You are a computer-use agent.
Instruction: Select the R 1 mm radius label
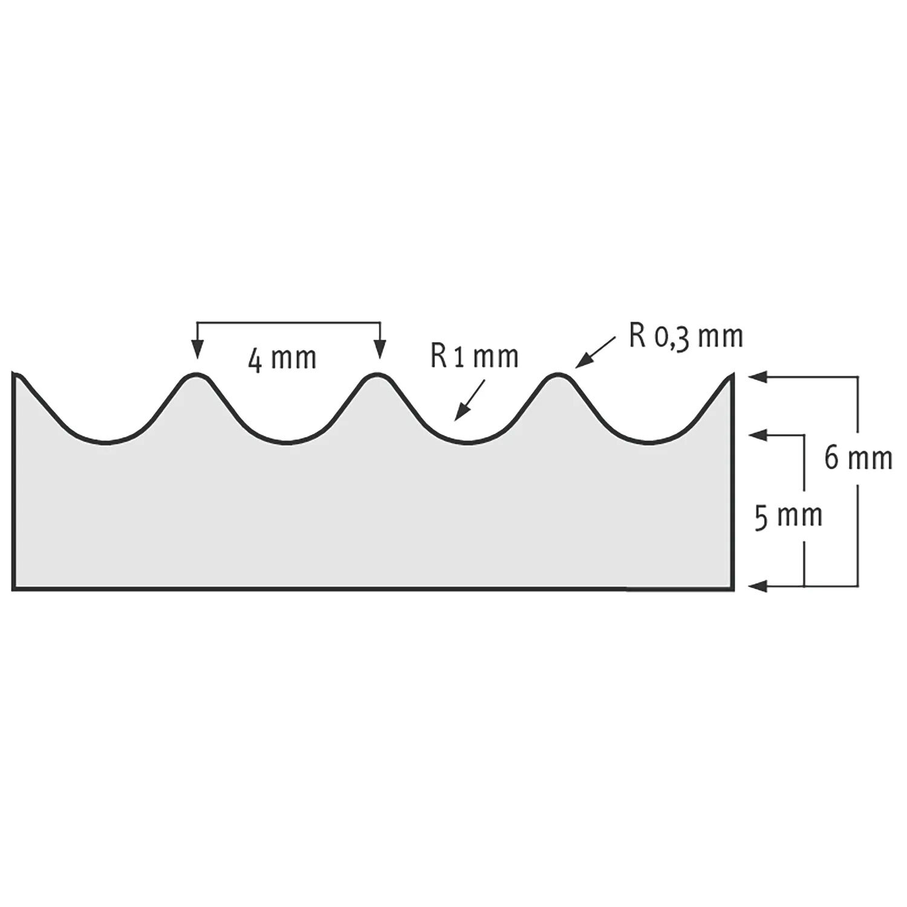(475, 357)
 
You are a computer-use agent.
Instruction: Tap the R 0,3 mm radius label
(686, 337)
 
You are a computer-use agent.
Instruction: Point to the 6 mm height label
(858, 460)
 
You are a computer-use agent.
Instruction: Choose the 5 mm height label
(788, 517)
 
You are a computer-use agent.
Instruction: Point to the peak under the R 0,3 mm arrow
(558, 375)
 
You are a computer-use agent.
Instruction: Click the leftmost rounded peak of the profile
(195, 375)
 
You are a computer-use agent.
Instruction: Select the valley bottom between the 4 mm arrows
(288, 443)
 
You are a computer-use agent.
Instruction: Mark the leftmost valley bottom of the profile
(106, 443)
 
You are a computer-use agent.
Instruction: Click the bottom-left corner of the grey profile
(13, 588)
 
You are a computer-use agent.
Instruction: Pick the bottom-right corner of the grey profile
(733, 588)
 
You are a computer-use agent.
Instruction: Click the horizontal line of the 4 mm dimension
(288, 323)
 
